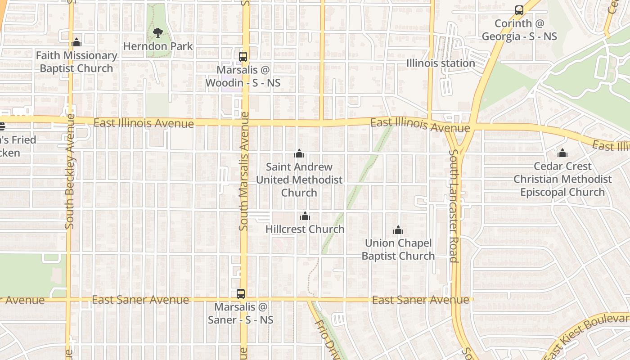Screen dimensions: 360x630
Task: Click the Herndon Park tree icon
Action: click(x=157, y=32)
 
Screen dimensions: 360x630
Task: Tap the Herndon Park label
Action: click(x=157, y=46)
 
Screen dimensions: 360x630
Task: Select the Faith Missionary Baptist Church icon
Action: click(x=76, y=42)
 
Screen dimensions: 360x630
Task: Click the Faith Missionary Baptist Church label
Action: click(x=76, y=62)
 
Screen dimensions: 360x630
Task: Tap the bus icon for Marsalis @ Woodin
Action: click(x=243, y=57)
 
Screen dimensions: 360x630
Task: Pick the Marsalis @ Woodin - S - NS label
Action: click(x=243, y=76)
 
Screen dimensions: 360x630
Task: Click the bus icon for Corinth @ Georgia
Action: click(x=519, y=10)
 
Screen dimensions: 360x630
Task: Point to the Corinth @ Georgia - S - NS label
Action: click(x=519, y=30)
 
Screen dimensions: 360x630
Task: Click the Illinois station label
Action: click(x=441, y=63)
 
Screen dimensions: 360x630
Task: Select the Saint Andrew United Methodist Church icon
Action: click(x=299, y=154)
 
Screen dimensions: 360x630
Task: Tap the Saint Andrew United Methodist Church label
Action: click(x=299, y=180)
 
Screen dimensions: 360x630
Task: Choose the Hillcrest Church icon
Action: click(x=305, y=216)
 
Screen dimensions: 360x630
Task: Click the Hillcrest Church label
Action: click(x=305, y=229)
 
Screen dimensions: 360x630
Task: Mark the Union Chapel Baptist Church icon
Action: click(x=398, y=230)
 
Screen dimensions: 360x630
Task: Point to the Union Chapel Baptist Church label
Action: click(x=398, y=249)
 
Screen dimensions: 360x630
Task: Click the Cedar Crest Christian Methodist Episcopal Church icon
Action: click(x=562, y=153)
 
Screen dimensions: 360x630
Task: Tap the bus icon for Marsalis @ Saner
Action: click(x=241, y=294)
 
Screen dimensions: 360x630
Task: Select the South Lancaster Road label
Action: click(x=454, y=206)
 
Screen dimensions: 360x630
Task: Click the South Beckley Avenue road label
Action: click(x=69, y=171)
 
